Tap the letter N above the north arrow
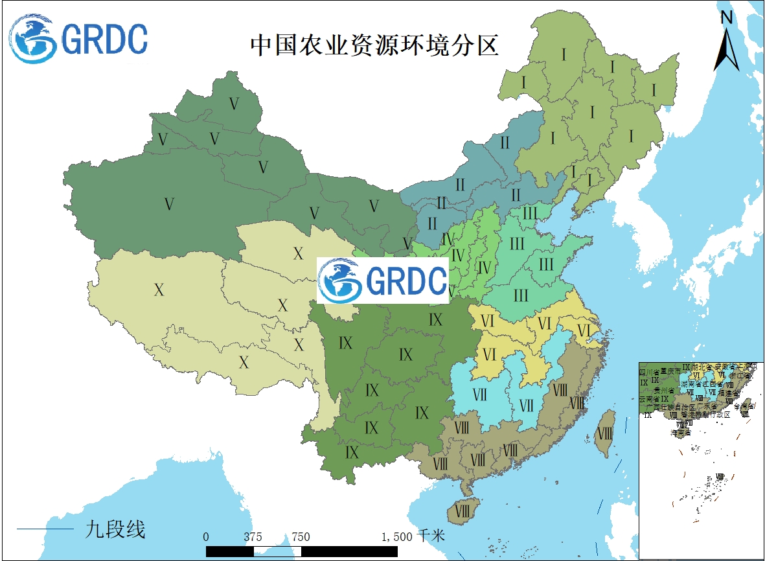[727, 17]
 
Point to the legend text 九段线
[115, 529]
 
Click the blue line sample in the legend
[45, 530]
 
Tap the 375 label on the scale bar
[253, 537]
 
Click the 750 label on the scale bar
[301, 537]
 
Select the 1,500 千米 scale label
[413, 536]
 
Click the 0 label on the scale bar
[206, 537]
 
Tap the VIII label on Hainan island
[462, 511]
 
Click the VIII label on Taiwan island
[604, 433]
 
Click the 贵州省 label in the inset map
[663, 391]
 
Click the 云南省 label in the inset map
[649, 399]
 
